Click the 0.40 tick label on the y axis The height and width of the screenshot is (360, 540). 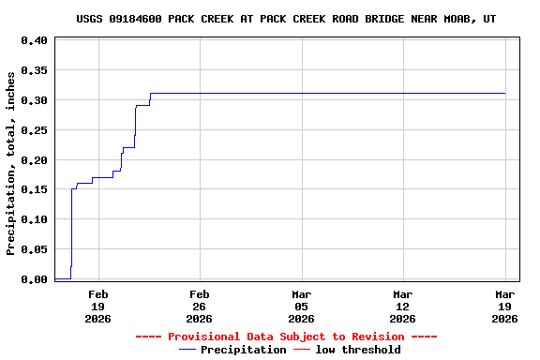pyautogui.click(x=34, y=40)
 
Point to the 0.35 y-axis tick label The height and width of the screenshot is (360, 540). pyautogui.click(x=34, y=70)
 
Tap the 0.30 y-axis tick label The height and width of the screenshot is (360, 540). pyautogui.click(x=34, y=100)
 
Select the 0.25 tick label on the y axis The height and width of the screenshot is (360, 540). pyautogui.click(x=34, y=130)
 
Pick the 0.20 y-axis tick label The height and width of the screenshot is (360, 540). pyautogui.click(x=34, y=160)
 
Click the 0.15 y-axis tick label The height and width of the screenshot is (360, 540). pyautogui.click(x=34, y=189)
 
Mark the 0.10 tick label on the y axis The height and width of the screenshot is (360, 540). pyautogui.click(x=34, y=219)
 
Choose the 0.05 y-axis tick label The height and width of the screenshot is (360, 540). pyautogui.click(x=34, y=249)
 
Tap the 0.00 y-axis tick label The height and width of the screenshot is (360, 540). pyautogui.click(x=34, y=279)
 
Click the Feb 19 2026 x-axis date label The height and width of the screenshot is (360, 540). pyautogui.click(x=97, y=306)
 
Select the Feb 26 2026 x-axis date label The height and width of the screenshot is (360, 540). pyautogui.click(x=199, y=306)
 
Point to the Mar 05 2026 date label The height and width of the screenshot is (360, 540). pyautogui.click(x=301, y=306)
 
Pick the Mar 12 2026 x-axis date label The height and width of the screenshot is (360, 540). pyautogui.click(x=403, y=306)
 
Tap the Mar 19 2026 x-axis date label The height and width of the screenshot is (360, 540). pyautogui.click(x=505, y=306)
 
